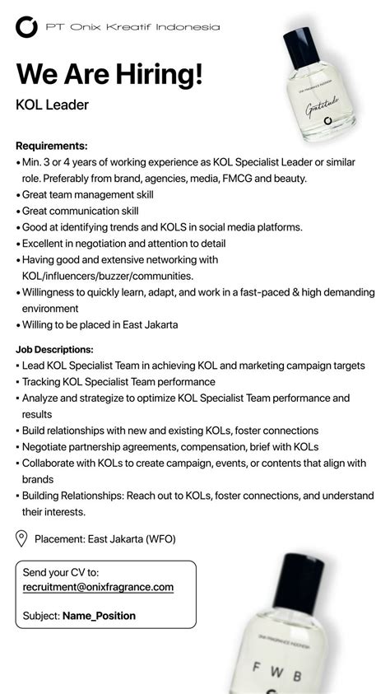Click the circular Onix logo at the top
27,27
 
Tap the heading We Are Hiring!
109,73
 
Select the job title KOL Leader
52,105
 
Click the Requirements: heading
52,146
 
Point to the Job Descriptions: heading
54,349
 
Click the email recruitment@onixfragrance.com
98,586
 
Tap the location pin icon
22,539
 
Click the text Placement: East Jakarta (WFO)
105,539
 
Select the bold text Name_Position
100,615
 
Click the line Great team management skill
88,194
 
